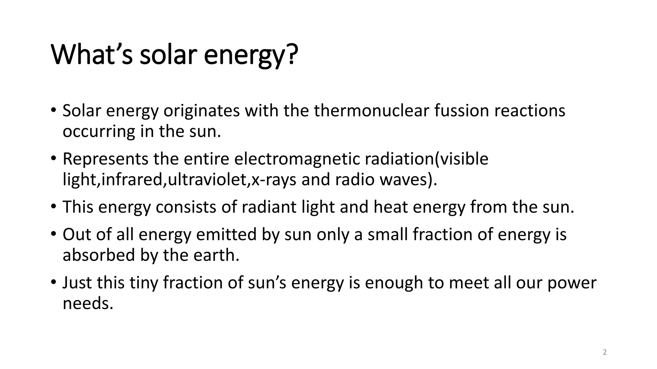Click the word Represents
[105, 159]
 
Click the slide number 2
[605, 353]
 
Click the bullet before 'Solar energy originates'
[53, 111]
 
